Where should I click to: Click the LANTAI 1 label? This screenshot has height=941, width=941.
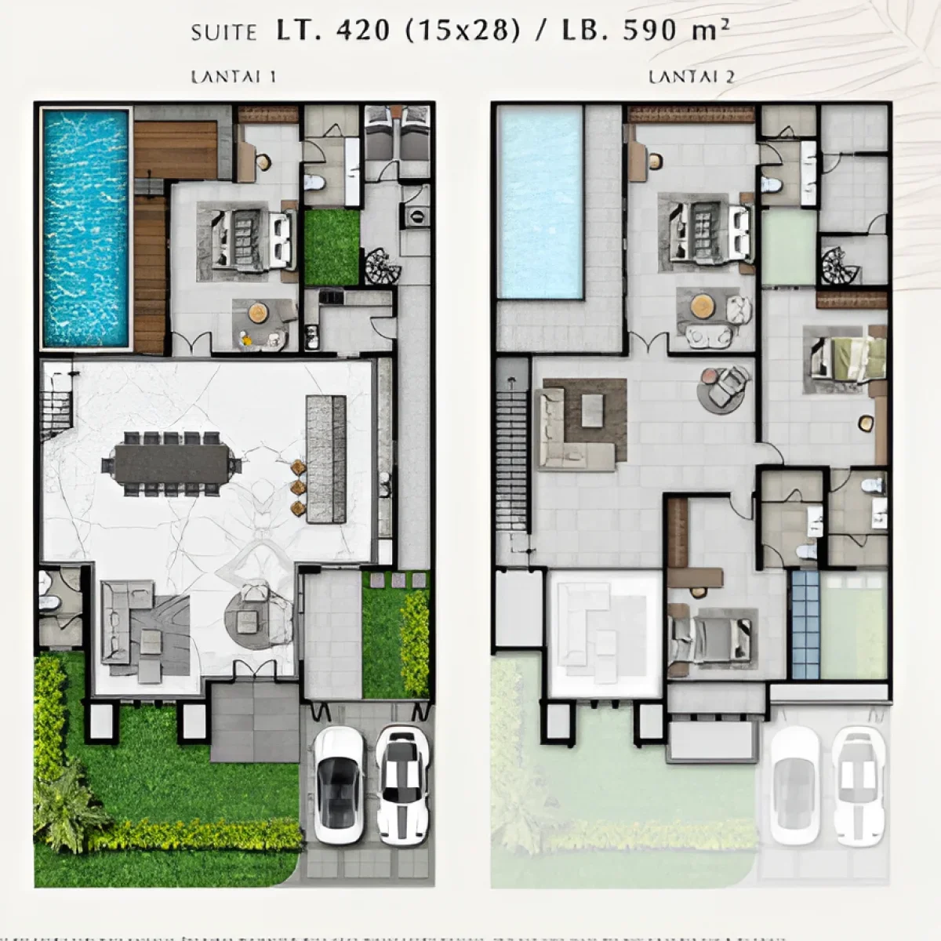tap(233, 77)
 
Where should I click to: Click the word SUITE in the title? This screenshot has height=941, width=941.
tap(223, 32)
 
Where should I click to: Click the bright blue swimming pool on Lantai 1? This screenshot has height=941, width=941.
tap(85, 227)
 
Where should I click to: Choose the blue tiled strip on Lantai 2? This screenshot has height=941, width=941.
tap(805, 624)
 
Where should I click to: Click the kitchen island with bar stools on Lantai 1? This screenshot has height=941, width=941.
tap(325, 459)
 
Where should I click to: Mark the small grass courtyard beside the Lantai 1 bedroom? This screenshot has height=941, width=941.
tap(331, 247)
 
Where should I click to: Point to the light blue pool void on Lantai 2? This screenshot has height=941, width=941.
tap(541, 202)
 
